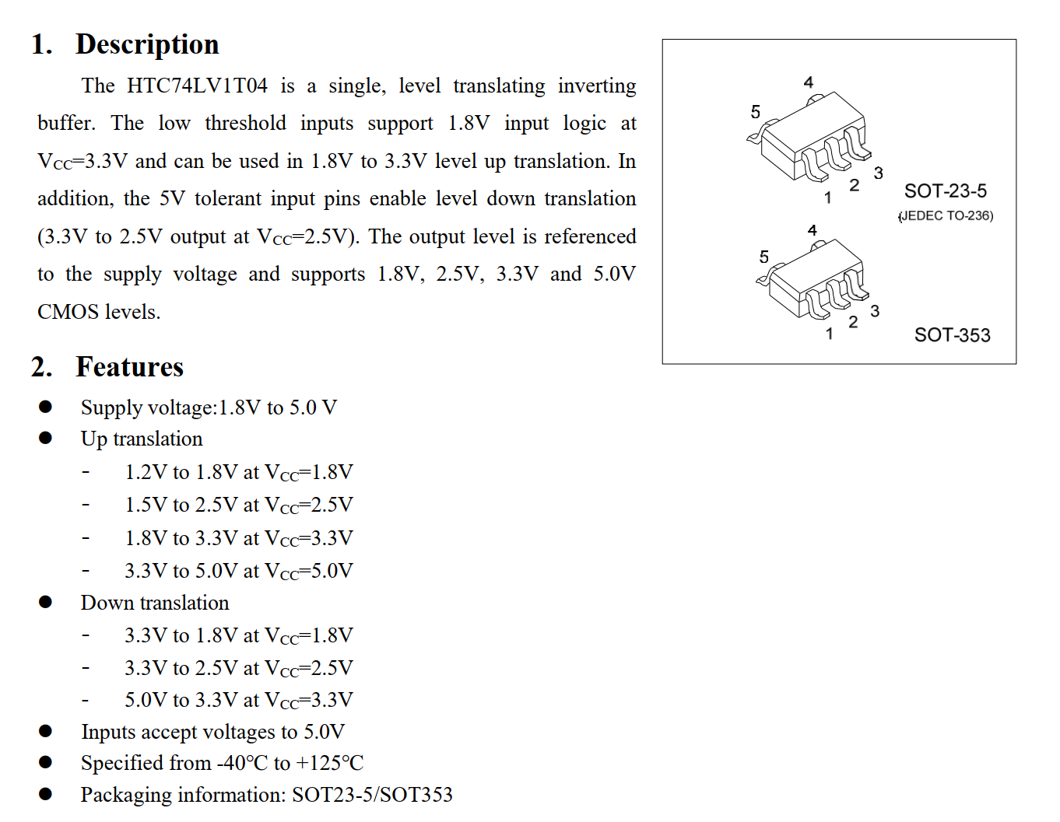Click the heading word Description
pyautogui.click(x=147, y=44)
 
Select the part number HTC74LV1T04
pyautogui.click(x=197, y=86)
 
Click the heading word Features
pyautogui.click(x=129, y=366)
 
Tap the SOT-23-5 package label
pyautogui.click(x=945, y=191)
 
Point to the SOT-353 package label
pyautogui.click(x=952, y=335)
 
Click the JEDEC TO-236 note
pyautogui.click(x=946, y=216)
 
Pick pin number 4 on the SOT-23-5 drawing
pyautogui.click(x=809, y=82)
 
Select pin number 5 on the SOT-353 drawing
pyautogui.click(x=763, y=257)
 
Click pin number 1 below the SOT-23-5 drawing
pyautogui.click(x=828, y=198)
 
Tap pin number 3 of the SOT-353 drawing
pyautogui.click(x=875, y=312)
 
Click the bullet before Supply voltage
pyautogui.click(x=46, y=407)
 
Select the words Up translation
pyautogui.click(x=142, y=439)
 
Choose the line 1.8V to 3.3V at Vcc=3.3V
pyautogui.click(x=239, y=538)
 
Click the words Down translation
pyautogui.click(x=155, y=603)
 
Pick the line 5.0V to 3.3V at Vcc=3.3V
pyautogui.click(x=239, y=700)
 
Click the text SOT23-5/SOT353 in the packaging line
pyautogui.click(x=372, y=795)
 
